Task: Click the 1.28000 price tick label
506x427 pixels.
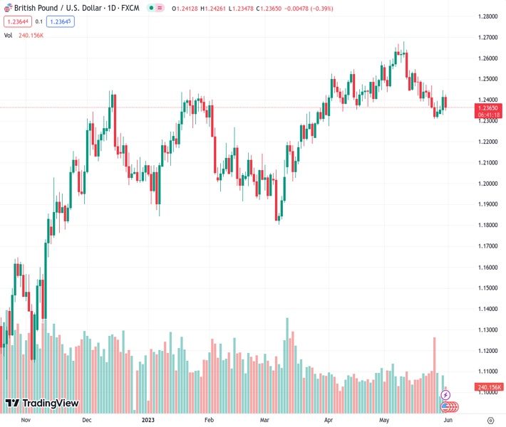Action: (x=487, y=16)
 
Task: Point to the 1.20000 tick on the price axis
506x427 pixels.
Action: (x=487, y=184)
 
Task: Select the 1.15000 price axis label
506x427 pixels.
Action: (x=487, y=288)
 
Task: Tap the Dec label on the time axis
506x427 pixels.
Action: (x=86, y=420)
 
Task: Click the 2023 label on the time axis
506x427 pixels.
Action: (x=148, y=420)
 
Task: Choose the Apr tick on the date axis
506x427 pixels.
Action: (x=329, y=420)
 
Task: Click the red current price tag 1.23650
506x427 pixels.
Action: (x=489, y=107)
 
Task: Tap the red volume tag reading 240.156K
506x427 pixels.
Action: (x=489, y=387)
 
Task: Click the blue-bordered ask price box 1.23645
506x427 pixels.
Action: (x=61, y=21)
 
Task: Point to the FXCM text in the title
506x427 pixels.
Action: (x=130, y=8)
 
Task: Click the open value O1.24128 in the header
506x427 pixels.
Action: (x=190, y=8)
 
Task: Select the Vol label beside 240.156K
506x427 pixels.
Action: (x=9, y=34)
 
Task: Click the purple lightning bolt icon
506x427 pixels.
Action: (x=446, y=394)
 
